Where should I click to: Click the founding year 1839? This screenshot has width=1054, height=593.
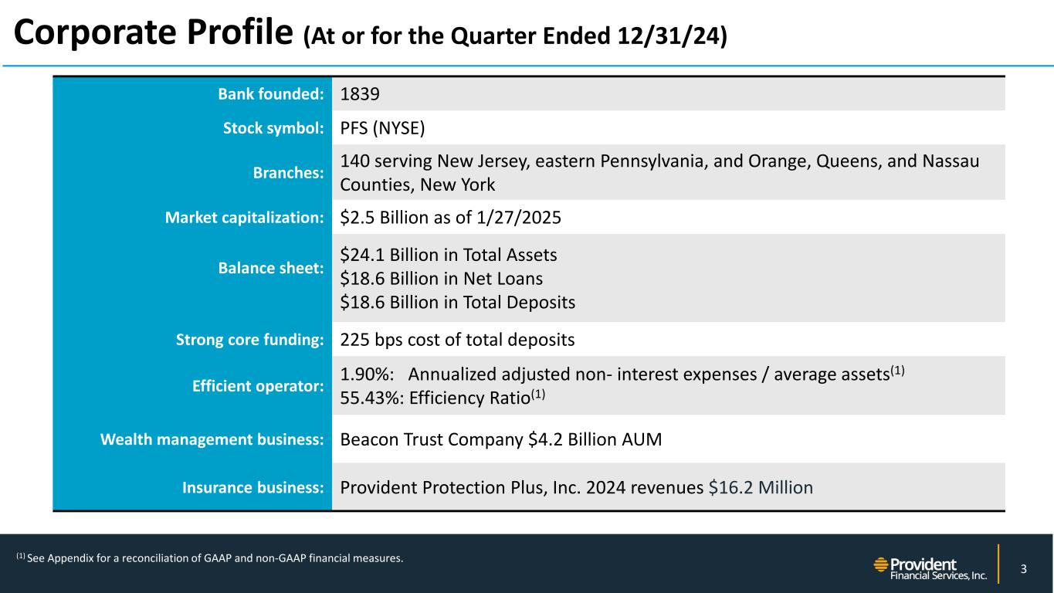tap(360, 94)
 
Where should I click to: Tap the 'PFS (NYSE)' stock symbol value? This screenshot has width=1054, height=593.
tap(382, 128)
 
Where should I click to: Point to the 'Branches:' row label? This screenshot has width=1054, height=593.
tap(288, 173)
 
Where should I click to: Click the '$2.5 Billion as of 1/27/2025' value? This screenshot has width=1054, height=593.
tap(450, 218)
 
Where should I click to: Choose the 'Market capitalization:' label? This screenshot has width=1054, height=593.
tap(244, 218)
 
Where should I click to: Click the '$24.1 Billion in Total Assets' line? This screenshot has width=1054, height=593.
tap(449, 254)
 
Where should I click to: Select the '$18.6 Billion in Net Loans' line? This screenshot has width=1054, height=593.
tap(441, 278)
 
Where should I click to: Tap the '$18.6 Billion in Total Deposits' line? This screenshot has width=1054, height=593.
tap(457, 302)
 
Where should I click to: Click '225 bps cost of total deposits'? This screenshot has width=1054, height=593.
tap(457, 339)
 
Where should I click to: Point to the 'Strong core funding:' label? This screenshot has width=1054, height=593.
tap(248, 339)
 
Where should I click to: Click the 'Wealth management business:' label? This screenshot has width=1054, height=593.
tap(212, 440)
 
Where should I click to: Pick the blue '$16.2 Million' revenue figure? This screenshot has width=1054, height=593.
tap(760, 487)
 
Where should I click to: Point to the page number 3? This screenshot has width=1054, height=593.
tap(1023, 570)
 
